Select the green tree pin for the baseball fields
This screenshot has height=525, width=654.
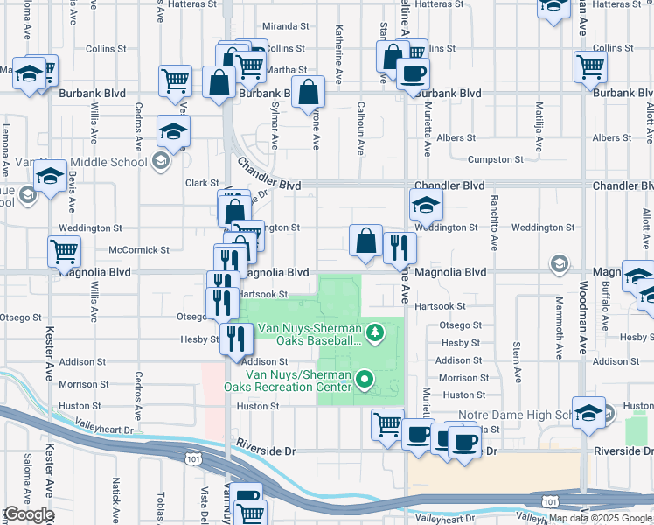[375, 332]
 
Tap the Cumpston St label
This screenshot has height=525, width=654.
[495, 159]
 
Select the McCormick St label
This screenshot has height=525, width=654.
[140, 249]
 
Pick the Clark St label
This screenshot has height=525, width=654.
[202, 183]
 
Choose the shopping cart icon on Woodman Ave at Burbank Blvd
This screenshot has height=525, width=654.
[590, 66]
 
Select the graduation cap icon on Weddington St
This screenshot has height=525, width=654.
[426, 206]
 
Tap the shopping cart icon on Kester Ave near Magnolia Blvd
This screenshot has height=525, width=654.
[65, 251]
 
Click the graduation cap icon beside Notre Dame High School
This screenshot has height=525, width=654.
[588, 413]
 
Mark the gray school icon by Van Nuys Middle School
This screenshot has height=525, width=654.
[161, 160]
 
